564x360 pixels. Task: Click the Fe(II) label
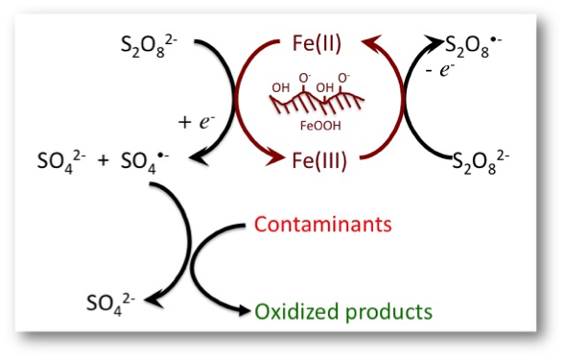tap(317, 44)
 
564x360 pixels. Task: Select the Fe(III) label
tap(319, 160)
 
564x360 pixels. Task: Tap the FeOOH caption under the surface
tap(320, 126)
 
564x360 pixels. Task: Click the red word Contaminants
tap(322, 225)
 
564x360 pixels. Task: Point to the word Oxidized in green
tap(297, 311)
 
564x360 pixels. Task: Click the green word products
tap(388, 312)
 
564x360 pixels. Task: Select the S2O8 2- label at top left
tap(149, 46)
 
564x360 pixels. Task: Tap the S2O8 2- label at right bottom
tap(481, 162)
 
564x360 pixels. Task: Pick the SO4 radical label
tap(145, 162)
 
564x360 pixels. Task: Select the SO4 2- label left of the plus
tap(61, 162)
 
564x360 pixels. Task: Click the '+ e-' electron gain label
tap(197, 122)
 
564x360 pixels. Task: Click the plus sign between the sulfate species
tap(103, 161)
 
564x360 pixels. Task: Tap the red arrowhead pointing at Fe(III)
tap(275, 158)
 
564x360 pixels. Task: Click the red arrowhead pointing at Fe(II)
tap(370, 42)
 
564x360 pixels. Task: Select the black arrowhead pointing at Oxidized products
tap(242, 310)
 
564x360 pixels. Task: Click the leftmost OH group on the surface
tap(280, 87)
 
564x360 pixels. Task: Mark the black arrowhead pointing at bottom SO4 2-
tap(153, 300)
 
